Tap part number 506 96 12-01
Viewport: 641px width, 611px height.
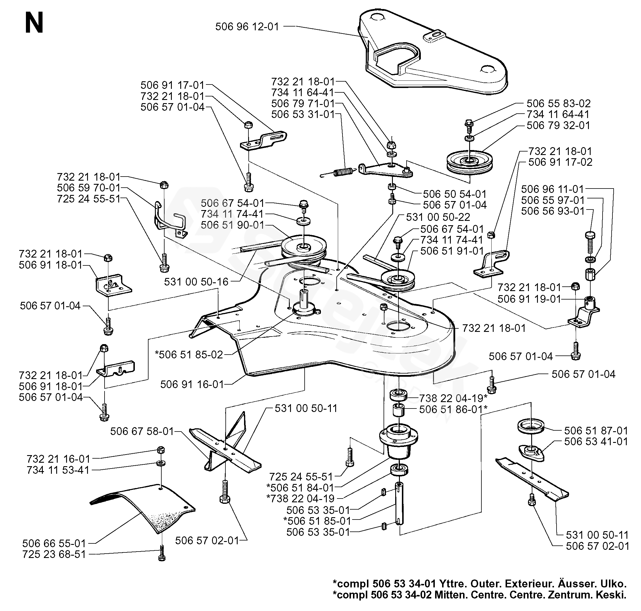(x=247, y=27)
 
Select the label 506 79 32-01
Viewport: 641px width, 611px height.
(x=558, y=125)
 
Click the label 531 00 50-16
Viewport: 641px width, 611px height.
(x=196, y=282)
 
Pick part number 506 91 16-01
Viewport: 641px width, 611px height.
(x=192, y=384)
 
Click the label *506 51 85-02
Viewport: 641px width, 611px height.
(x=189, y=355)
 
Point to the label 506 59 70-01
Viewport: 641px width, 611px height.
(x=89, y=188)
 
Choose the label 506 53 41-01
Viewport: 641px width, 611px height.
(x=596, y=442)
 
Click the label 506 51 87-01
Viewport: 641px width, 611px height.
(x=596, y=431)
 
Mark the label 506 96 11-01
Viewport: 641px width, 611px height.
(x=552, y=189)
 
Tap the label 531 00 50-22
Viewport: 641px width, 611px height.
(x=438, y=217)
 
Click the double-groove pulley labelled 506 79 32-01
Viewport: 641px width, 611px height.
(x=469, y=162)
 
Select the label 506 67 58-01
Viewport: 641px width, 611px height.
(x=142, y=431)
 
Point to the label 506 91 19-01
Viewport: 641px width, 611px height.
(x=529, y=299)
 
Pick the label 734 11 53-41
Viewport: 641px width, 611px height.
(x=58, y=470)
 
